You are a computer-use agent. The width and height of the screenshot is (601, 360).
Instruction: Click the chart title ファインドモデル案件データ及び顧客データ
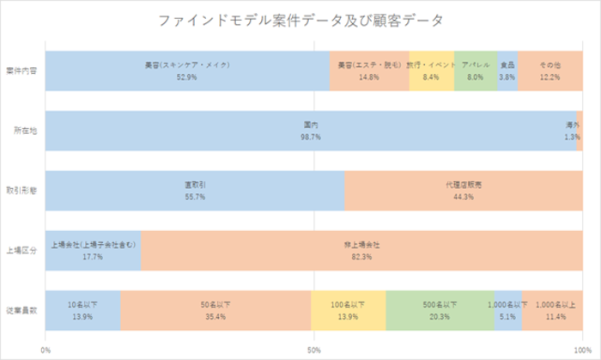point(300,19)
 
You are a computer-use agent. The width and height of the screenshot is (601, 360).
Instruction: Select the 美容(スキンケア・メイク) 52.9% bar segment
point(186,70)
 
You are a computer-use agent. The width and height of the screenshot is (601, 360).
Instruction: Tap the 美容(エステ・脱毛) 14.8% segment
point(369,70)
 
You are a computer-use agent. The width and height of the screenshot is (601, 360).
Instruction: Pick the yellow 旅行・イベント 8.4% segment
point(431,70)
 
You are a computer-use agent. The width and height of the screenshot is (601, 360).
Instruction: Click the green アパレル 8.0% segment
point(475,70)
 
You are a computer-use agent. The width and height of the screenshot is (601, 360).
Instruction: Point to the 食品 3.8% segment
point(507,70)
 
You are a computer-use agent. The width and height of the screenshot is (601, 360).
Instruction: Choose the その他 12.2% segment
point(549,70)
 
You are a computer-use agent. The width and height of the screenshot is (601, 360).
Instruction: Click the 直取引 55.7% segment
point(194,191)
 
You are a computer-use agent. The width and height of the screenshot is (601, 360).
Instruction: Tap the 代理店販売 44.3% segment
point(464,191)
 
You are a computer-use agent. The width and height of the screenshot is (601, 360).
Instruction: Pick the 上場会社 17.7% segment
point(93,250)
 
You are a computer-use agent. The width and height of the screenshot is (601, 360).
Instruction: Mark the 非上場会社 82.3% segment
point(361,250)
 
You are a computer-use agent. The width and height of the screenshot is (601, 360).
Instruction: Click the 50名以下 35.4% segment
point(216,310)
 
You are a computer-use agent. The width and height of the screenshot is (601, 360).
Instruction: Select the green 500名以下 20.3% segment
point(440,310)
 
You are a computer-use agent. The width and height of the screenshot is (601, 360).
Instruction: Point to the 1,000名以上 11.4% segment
point(551,310)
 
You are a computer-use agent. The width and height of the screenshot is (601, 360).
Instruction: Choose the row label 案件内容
point(21,70)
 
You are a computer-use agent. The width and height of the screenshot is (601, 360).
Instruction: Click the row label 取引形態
point(21,191)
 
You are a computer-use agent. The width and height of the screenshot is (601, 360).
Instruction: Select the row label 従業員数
point(21,310)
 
